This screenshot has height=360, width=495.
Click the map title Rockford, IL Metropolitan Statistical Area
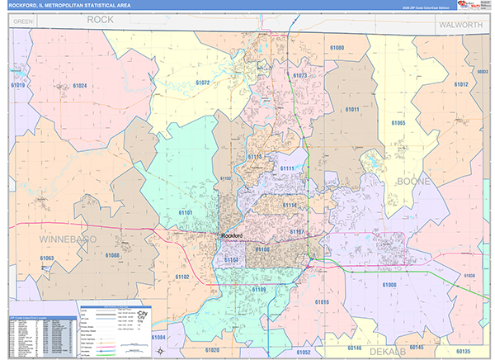click(x=81, y=5)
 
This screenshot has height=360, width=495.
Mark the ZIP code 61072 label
click(x=203, y=83)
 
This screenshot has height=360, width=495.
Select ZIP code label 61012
click(x=460, y=84)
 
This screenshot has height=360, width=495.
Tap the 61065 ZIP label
click(x=398, y=122)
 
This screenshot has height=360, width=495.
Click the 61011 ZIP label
click(x=353, y=110)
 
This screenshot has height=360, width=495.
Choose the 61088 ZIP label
click(x=112, y=255)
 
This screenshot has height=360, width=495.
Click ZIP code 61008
click(x=389, y=283)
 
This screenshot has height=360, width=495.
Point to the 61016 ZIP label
click(x=322, y=302)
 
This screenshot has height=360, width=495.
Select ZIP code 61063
click(x=46, y=258)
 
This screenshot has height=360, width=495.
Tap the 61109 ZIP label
click(x=258, y=289)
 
